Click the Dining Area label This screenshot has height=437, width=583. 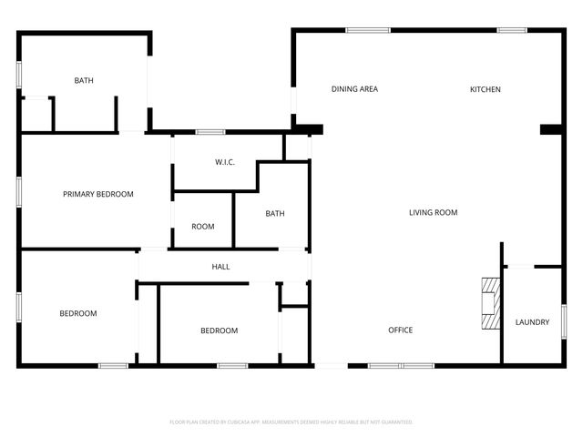tap(354, 89)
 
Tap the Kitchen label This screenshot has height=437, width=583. tap(485, 89)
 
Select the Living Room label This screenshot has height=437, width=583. tap(433, 212)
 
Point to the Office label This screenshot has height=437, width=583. tap(401, 330)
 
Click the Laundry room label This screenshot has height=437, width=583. tap(532, 322)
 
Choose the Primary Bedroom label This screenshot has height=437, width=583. tap(98, 194)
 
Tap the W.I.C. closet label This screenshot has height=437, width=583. tap(225, 162)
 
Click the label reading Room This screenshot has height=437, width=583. tap(203, 226)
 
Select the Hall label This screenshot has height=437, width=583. tap(220, 267)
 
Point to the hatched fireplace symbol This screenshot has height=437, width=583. tap(491, 302)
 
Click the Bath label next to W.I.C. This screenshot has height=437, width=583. tap(275, 214)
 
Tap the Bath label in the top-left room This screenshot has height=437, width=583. tap(84, 80)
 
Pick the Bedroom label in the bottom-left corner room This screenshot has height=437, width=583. tap(78, 313)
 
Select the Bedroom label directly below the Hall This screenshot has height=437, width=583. tap(219, 330)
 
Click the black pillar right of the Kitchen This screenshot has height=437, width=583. tap(551, 129)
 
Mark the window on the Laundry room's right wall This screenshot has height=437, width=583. tap(564, 321)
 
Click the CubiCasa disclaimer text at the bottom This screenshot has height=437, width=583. tap(291, 422)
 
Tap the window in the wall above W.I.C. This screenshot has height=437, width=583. tap(210, 132)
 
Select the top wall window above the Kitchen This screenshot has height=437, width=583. tap(511, 30)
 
